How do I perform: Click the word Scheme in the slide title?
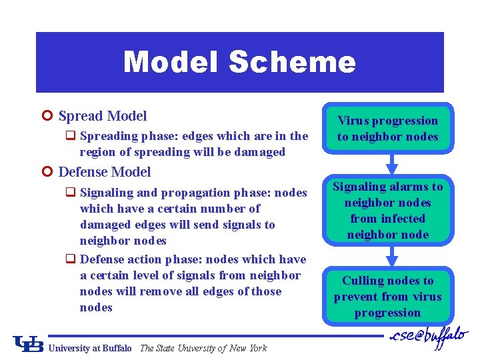click(x=291, y=62)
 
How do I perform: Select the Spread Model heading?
click(x=103, y=116)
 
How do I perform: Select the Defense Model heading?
click(x=105, y=172)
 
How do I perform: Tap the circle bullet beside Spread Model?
click(x=46, y=116)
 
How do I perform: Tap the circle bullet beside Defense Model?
click(x=46, y=172)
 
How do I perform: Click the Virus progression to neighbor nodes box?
click(x=387, y=129)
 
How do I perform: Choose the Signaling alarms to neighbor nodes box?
click(x=387, y=210)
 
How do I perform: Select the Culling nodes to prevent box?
click(x=387, y=297)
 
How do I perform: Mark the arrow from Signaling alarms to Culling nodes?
click(x=392, y=254)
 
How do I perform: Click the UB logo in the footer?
click(x=27, y=343)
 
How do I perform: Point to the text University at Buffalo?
click(x=91, y=348)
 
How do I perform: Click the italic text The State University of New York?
click(x=203, y=348)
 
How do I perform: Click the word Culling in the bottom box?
click(x=363, y=281)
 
